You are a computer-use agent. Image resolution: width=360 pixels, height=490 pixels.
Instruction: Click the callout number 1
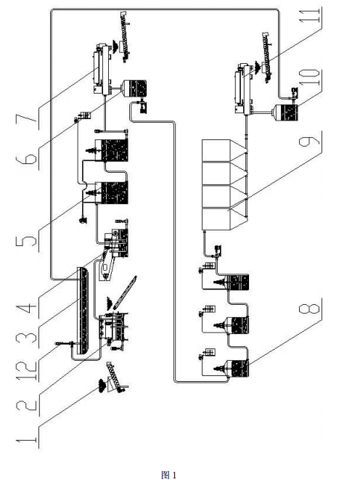click(26, 441)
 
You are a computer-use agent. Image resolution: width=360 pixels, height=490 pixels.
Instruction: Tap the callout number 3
click(26, 337)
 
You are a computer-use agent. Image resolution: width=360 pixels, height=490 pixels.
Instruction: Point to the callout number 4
click(26, 304)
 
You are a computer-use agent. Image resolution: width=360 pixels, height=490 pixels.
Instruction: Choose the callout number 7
click(26, 118)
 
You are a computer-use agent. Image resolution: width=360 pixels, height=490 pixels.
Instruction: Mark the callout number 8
click(309, 306)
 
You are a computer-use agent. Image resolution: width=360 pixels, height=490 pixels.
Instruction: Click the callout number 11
click(309, 16)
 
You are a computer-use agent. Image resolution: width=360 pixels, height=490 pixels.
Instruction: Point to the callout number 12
click(26, 369)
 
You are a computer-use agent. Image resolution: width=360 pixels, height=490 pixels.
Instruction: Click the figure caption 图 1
click(168, 475)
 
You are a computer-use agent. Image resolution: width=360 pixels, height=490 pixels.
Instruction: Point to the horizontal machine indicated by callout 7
click(103, 70)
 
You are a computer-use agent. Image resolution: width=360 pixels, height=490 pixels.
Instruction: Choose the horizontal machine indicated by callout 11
click(244, 89)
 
